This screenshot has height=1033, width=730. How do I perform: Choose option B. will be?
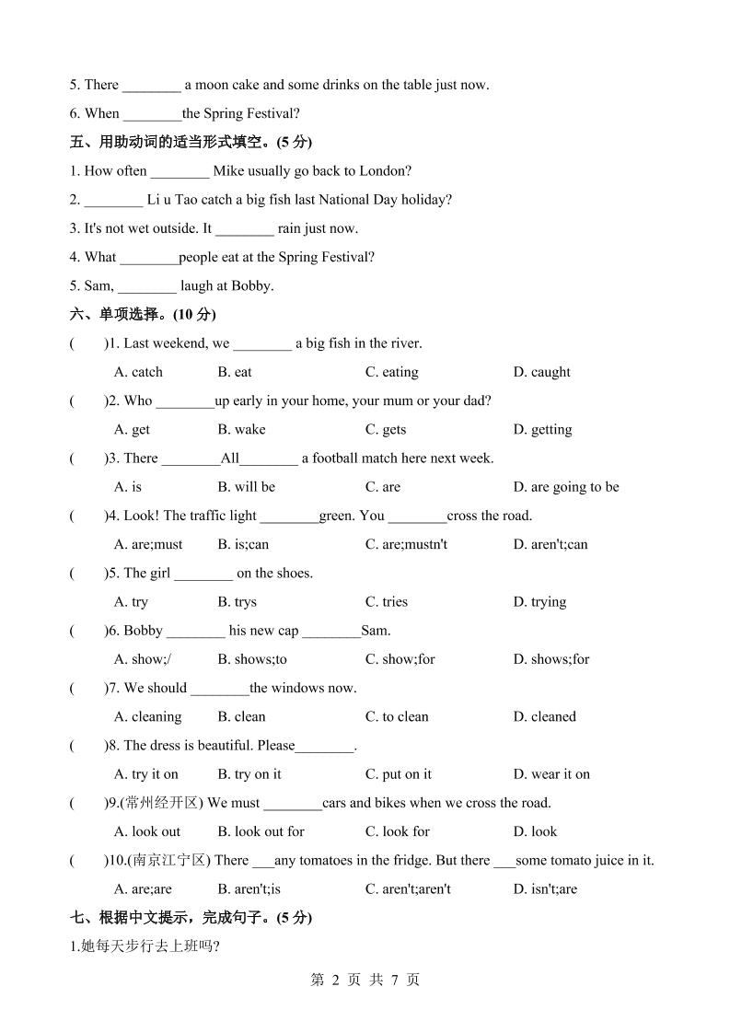[x=246, y=487]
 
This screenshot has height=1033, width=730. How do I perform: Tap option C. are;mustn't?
[x=406, y=544]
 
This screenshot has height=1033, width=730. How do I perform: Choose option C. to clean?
[x=397, y=716]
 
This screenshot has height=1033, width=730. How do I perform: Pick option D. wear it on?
[x=550, y=774]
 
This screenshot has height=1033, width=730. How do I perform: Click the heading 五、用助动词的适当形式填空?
[x=191, y=142]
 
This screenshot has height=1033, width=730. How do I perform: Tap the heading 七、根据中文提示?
[x=191, y=918]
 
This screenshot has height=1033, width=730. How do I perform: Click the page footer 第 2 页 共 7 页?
[x=365, y=981]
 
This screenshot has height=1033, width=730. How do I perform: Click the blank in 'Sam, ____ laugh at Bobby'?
[x=147, y=287]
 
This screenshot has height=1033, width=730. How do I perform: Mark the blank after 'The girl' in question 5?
[x=203, y=575]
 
